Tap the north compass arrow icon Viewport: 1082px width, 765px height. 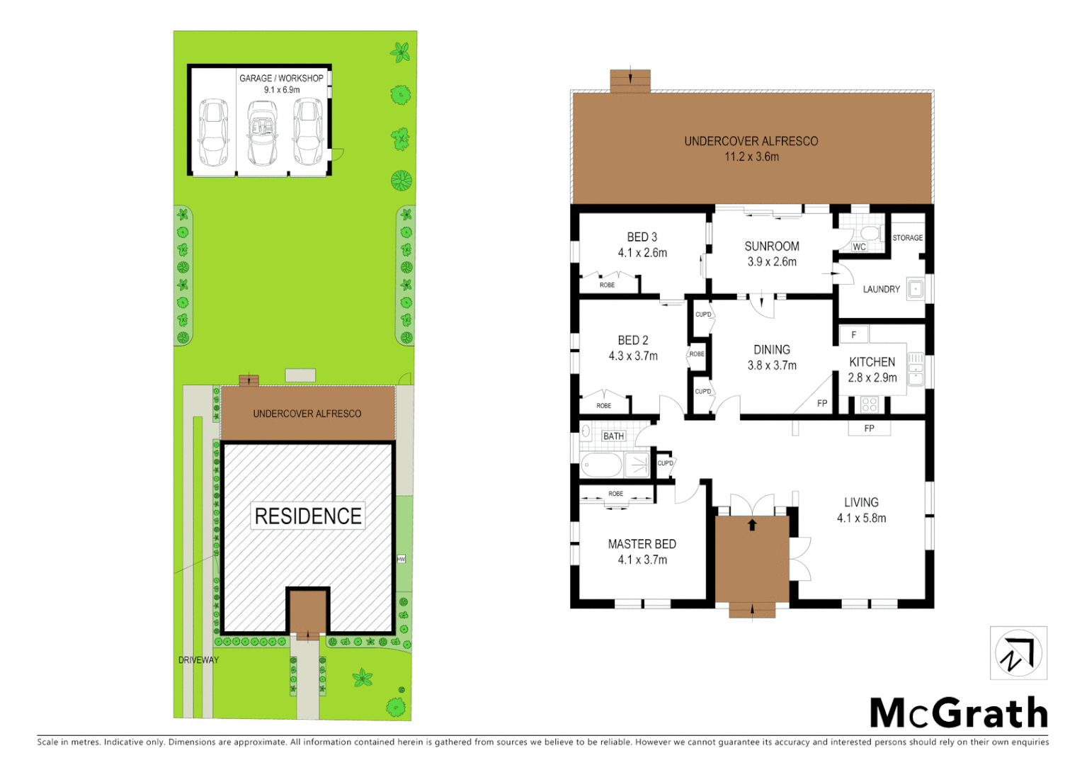point(1018,653)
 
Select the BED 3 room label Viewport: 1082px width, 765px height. point(642,237)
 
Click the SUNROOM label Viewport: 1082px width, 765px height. point(772,246)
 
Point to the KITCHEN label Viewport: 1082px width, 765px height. point(872,362)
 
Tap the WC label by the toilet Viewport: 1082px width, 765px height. point(859,247)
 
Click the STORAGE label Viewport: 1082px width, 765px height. point(907,238)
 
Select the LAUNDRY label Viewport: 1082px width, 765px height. point(881,289)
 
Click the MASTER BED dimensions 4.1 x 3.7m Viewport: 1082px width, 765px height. point(642,560)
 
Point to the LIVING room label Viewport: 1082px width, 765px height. point(861,502)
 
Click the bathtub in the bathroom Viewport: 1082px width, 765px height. point(601,465)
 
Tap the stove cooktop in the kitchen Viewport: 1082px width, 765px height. point(870,404)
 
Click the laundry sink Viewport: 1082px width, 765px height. point(916,289)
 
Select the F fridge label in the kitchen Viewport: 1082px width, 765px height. point(854,334)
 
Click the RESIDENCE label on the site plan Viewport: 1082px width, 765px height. point(308,516)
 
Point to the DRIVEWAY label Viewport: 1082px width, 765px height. point(198,660)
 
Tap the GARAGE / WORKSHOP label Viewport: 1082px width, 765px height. point(281,78)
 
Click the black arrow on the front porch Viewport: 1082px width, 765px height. point(752,525)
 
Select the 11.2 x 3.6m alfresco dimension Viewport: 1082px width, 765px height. point(751,157)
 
